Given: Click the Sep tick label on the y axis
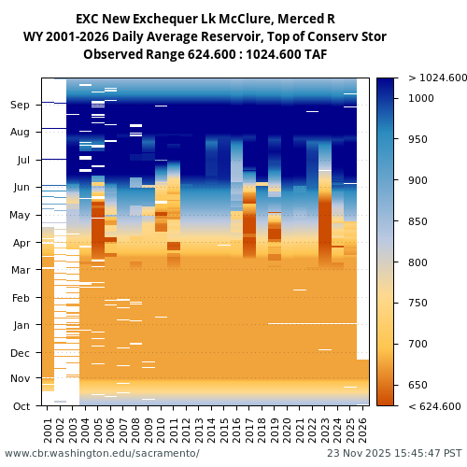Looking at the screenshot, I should (21, 106).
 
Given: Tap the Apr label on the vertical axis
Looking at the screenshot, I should (21, 243).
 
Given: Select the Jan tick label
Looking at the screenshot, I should (21, 325).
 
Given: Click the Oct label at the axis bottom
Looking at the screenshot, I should (21, 406).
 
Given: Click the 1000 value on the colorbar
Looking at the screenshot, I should (421, 98).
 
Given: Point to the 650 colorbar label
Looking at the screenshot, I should (417, 385).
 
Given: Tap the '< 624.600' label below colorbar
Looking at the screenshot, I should (434, 406).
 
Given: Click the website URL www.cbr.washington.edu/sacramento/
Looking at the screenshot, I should (102, 453).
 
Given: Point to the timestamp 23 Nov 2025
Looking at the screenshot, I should (361, 453).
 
